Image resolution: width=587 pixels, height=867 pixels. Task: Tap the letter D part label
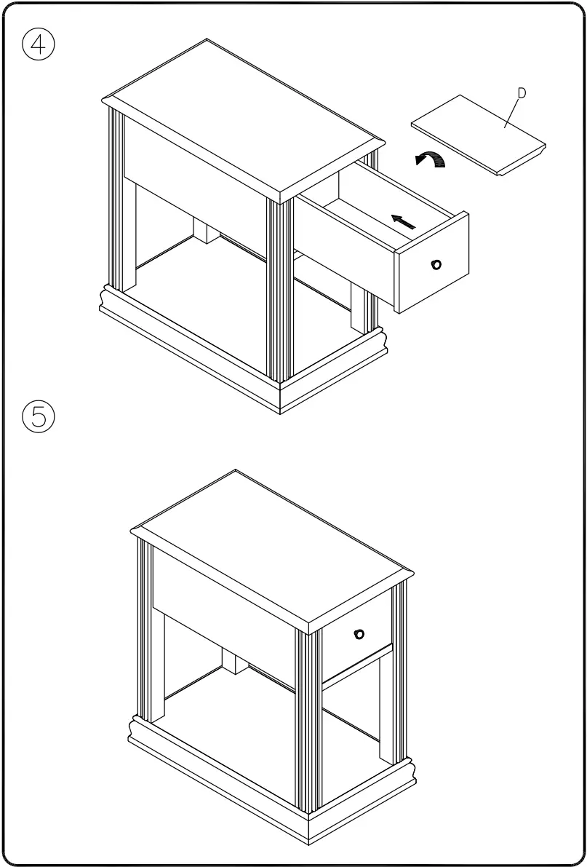pos(522,92)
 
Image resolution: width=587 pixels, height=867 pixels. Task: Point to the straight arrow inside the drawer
pos(404,221)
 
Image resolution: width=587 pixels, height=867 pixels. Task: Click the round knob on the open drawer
pos(436,264)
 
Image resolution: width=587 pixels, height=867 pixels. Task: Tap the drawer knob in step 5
pos(358,634)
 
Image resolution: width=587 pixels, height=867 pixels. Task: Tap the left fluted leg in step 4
pos(113,200)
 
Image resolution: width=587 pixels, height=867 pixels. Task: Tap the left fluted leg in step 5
pos(144,630)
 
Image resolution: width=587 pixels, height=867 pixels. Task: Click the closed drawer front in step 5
pos(356,637)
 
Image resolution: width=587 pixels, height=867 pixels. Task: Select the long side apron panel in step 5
pos(225,597)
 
